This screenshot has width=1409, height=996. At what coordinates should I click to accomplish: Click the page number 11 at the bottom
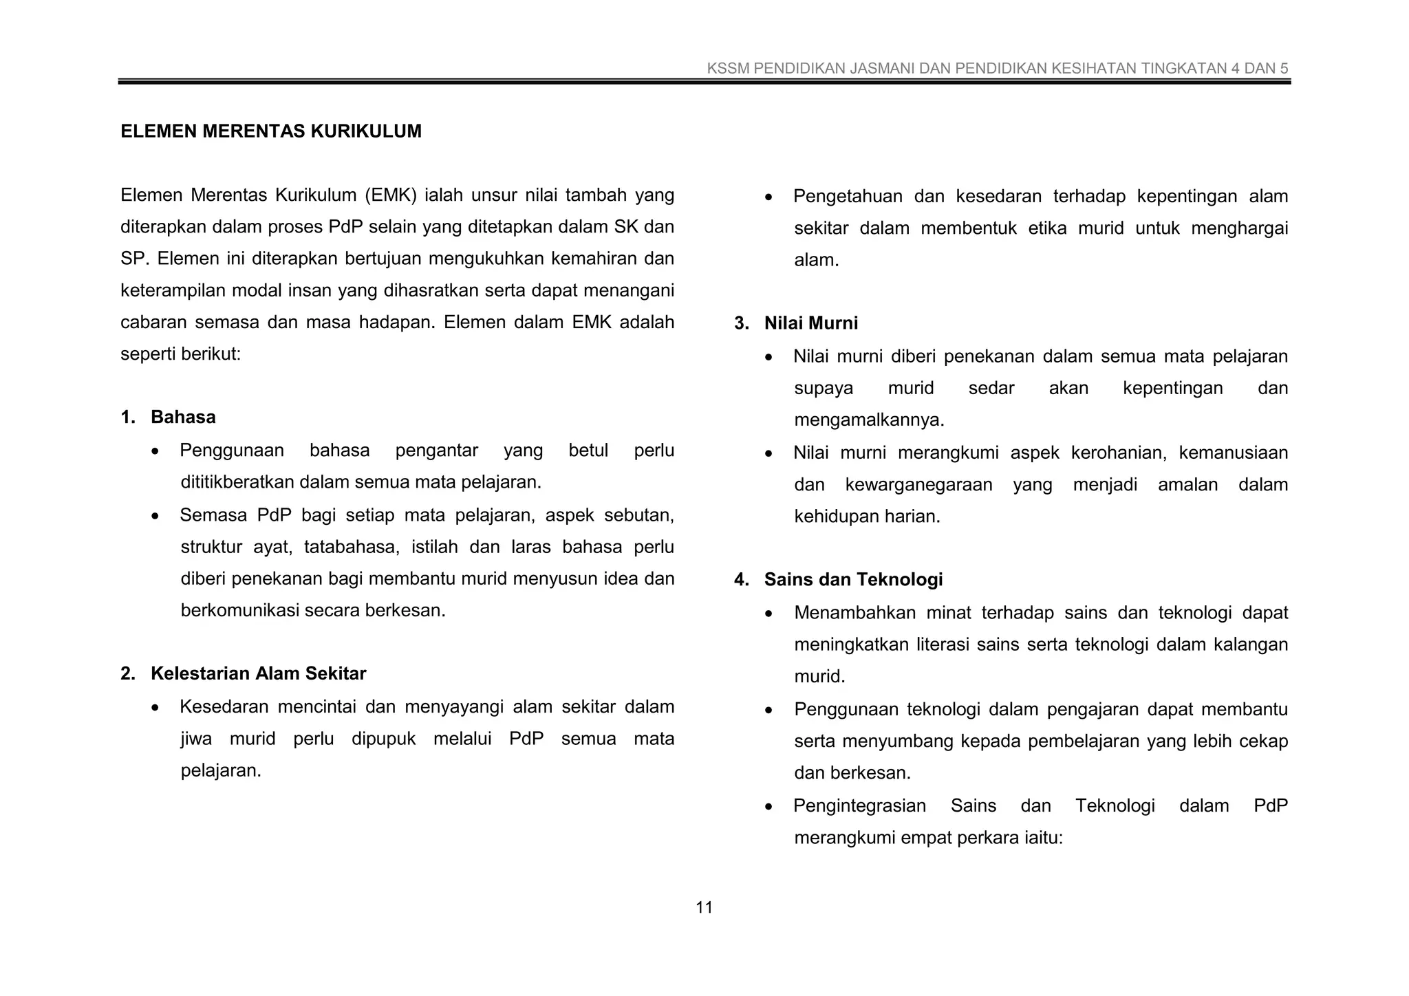[704, 907]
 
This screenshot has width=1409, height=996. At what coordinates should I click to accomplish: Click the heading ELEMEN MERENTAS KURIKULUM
[271, 131]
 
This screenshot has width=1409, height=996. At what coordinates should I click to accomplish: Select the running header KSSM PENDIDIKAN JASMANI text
[997, 68]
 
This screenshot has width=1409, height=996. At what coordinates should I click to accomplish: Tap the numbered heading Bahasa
[183, 417]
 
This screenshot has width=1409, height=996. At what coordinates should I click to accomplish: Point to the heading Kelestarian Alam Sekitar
[258, 673]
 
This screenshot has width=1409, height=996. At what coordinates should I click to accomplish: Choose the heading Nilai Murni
[810, 323]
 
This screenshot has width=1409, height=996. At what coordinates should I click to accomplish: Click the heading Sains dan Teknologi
[852, 579]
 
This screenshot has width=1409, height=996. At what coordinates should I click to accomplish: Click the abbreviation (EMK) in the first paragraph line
[390, 195]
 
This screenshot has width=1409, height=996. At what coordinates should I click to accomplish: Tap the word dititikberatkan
[237, 482]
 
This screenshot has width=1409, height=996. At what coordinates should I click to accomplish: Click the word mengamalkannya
[868, 420]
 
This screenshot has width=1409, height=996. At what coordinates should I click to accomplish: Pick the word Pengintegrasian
[859, 805]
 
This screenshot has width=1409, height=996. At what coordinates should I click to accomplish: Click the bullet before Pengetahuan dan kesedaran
[769, 197]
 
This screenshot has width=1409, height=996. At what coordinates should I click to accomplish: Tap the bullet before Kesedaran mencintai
[156, 708]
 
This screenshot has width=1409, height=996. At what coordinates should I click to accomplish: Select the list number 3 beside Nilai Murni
[740, 323]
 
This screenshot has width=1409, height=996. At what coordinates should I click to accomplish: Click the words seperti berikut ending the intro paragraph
[180, 354]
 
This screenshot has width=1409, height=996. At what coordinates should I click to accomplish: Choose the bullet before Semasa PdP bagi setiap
[156, 516]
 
